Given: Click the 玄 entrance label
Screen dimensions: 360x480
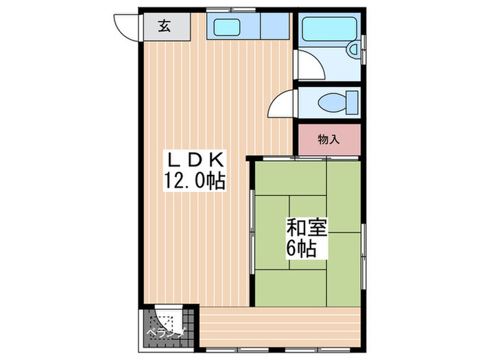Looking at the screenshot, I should [x=165, y=27].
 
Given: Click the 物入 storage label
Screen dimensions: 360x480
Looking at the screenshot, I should [x=329, y=140].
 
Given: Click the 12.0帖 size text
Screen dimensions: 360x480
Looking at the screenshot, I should [x=195, y=181].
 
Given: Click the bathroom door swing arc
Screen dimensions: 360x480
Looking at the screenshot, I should [x=308, y=65].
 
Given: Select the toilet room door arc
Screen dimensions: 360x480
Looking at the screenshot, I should [x=281, y=106].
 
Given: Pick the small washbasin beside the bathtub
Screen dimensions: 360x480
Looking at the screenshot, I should [x=352, y=49].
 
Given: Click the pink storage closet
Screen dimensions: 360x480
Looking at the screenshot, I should [x=329, y=140].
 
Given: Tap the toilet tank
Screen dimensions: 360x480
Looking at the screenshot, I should [x=352, y=102].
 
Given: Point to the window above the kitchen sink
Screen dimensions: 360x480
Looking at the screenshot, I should [x=232, y=9].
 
